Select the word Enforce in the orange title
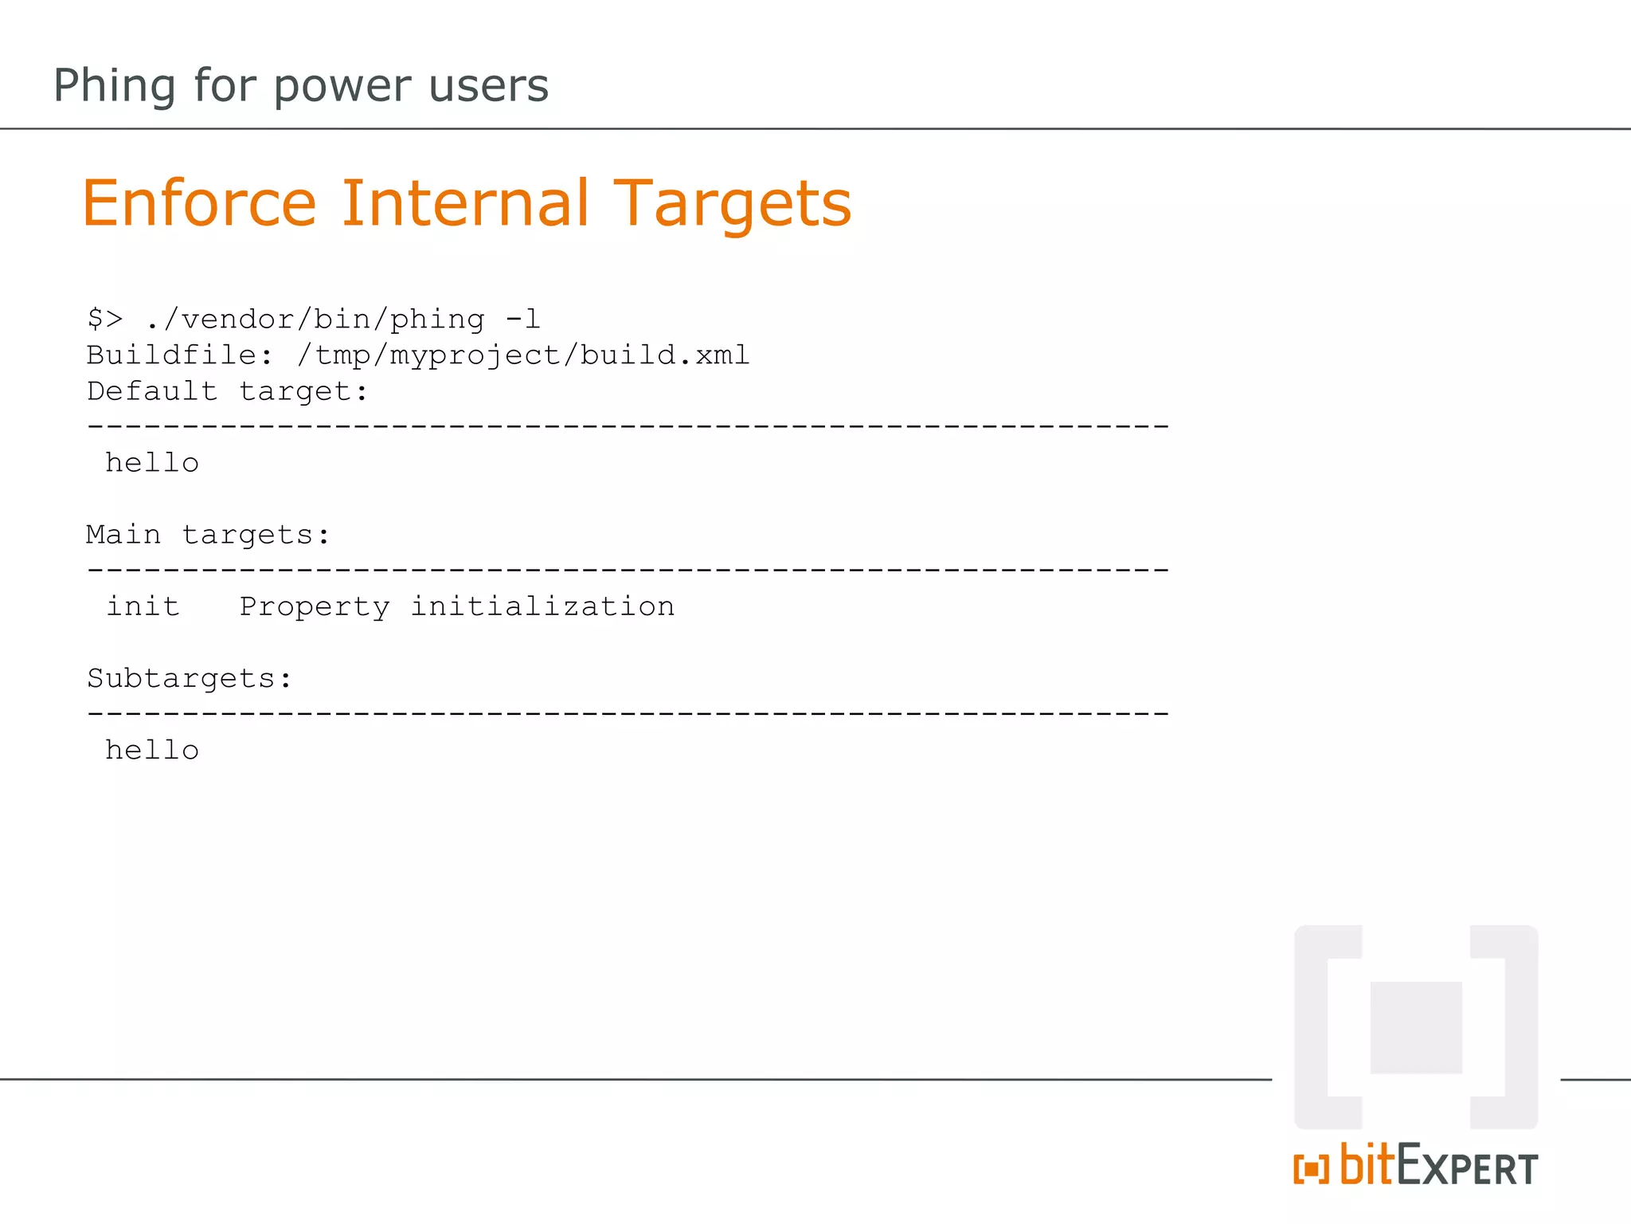click(199, 204)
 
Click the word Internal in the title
click(466, 204)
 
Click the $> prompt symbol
click(105, 319)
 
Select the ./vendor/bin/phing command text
click(315, 320)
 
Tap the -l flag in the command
click(523, 319)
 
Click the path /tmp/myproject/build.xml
click(523, 355)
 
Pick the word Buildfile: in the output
click(180, 355)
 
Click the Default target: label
click(228, 391)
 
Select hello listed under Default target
click(152, 463)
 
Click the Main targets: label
click(208, 535)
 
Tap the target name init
click(143, 606)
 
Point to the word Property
click(315, 607)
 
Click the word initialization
click(542, 606)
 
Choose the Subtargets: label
click(190, 678)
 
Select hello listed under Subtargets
click(152, 750)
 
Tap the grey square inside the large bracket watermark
click(1416, 1027)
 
